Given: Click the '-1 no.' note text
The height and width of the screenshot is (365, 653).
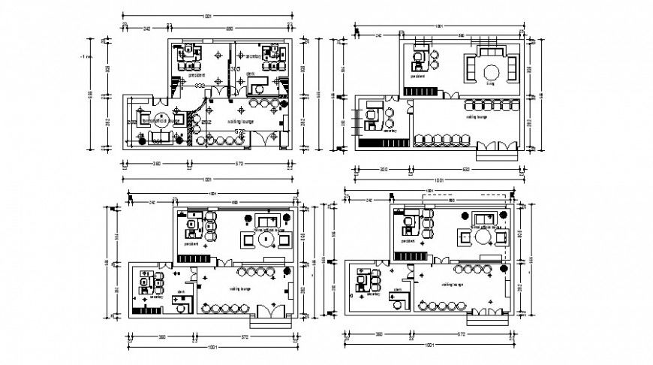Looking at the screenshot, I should (x=87, y=56).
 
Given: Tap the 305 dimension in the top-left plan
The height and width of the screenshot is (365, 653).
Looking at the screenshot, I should (x=234, y=69).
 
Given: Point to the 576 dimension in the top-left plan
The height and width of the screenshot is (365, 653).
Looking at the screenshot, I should (x=241, y=131).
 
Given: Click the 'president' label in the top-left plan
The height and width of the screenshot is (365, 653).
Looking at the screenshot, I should (x=197, y=75).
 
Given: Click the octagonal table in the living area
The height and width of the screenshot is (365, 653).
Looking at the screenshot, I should (x=492, y=72).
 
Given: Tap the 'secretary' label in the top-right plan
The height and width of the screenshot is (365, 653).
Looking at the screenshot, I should (x=390, y=130).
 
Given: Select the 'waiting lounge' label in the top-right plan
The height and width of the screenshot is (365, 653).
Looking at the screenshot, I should (x=477, y=116).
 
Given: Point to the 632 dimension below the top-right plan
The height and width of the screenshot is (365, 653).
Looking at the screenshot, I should (x=467, y=169).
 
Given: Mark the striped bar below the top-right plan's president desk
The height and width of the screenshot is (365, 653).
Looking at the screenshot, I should (x=422, y=92).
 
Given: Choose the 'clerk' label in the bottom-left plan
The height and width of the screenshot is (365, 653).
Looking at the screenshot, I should (x=181, y=291).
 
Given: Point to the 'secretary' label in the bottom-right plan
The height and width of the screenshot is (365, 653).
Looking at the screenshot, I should (x=373, y=294).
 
